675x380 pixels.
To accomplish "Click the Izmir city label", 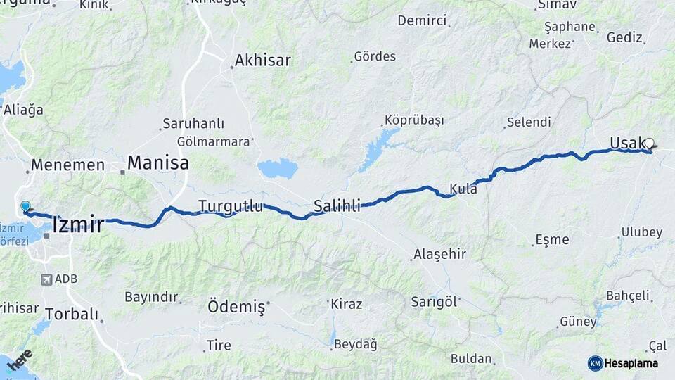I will coord(78,225).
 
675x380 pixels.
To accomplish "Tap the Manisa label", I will coord(157,163).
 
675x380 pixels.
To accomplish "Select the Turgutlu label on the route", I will coord(231,206).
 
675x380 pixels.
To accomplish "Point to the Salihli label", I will coord(337,206).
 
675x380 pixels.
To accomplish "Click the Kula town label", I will coord(463,189).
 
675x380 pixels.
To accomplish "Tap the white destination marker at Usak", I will coord(649,143).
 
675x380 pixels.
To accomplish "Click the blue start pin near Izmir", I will coord(26,207).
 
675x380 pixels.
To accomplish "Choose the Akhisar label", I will coord(262,61).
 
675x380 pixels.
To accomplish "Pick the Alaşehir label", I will coord(439,254).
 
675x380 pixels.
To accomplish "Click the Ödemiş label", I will coord(236,307).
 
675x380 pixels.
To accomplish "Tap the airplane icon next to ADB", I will coord(47,279).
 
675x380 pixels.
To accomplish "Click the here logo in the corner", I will coord(20,360).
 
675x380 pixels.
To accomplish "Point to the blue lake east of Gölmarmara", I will coord(278,169).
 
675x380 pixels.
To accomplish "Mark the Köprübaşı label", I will coord(414,120).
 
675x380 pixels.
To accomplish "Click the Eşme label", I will coord(552,239).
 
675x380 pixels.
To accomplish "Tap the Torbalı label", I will coord(72,314).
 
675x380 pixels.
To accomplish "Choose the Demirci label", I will coord(422,20).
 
